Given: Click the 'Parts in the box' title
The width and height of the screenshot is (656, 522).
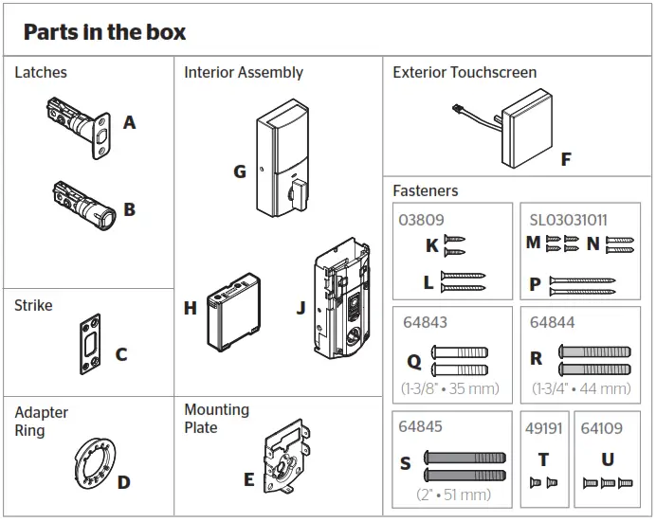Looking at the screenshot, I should (x=104, y=32).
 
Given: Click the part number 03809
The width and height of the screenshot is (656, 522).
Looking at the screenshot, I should (x=421, y=221).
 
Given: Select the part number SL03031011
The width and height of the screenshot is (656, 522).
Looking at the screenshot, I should (x=568, y=221).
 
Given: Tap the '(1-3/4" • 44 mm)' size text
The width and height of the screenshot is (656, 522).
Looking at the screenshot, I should (x=580, y=388).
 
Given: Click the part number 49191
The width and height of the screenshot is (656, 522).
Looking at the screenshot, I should (x=543, y=428).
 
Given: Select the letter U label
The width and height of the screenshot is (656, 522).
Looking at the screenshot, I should (x=608, y=459).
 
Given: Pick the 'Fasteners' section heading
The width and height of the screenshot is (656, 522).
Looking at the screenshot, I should (x=425, y=190).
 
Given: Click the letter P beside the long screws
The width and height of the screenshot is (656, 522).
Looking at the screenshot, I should (x=536, y=283).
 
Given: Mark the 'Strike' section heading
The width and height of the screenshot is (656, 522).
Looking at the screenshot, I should (x=33, y=305).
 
